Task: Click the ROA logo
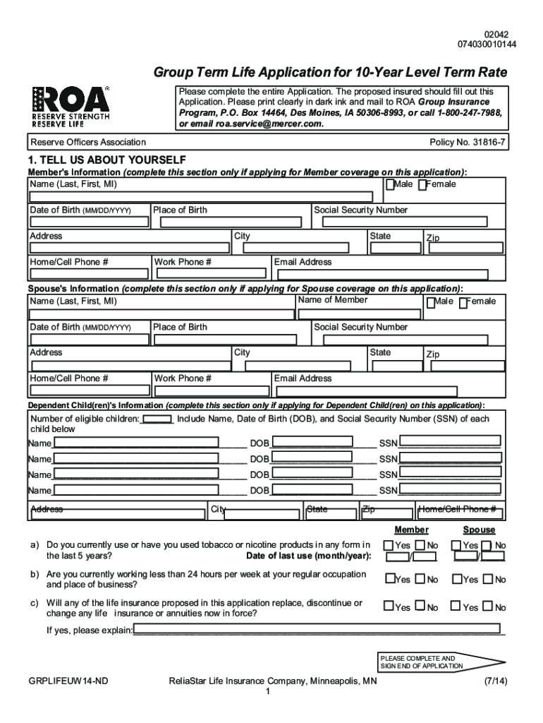[x=71, y=105]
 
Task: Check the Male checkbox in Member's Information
[x=389, y=185]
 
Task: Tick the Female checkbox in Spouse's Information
[x=463, y=303]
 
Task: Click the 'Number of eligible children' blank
[x=157, y=419]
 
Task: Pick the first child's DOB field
[x=312, y=443]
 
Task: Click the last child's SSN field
[x=449, y=490]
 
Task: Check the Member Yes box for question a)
[x=389, y=546]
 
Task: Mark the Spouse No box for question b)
[x=487, y=580]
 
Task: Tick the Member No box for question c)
[x=420, y=607]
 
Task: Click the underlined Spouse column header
[x=479, y=530]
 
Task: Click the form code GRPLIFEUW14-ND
[x=68, y=681]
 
